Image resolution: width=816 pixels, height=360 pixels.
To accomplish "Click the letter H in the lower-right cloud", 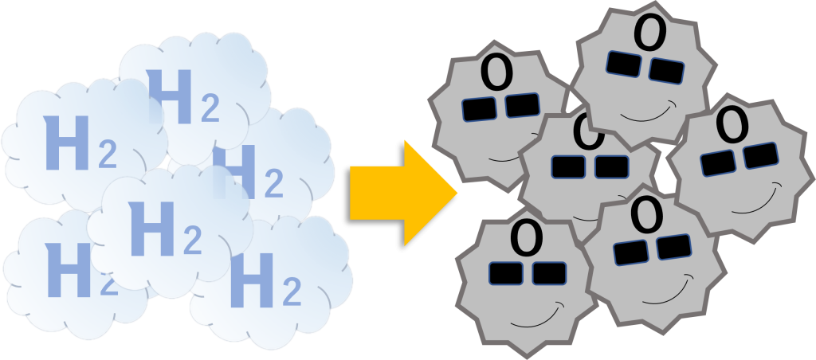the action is (x=251, y=280).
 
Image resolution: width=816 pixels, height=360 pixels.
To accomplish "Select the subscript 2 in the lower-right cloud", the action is (x=292, y=292).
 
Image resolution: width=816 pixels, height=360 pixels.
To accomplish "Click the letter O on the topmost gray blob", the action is (x=649, y=33).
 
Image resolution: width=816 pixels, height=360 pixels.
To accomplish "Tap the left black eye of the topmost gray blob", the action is (x=623, y=64).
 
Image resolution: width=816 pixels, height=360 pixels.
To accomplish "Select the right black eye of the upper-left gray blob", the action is (x=523, y=105).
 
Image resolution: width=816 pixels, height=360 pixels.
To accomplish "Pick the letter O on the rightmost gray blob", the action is (x=733, y=124).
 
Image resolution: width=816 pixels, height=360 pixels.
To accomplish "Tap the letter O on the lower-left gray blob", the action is (x=527, y=236).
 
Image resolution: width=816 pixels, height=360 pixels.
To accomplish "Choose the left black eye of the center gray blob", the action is (x=568, y=166).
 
